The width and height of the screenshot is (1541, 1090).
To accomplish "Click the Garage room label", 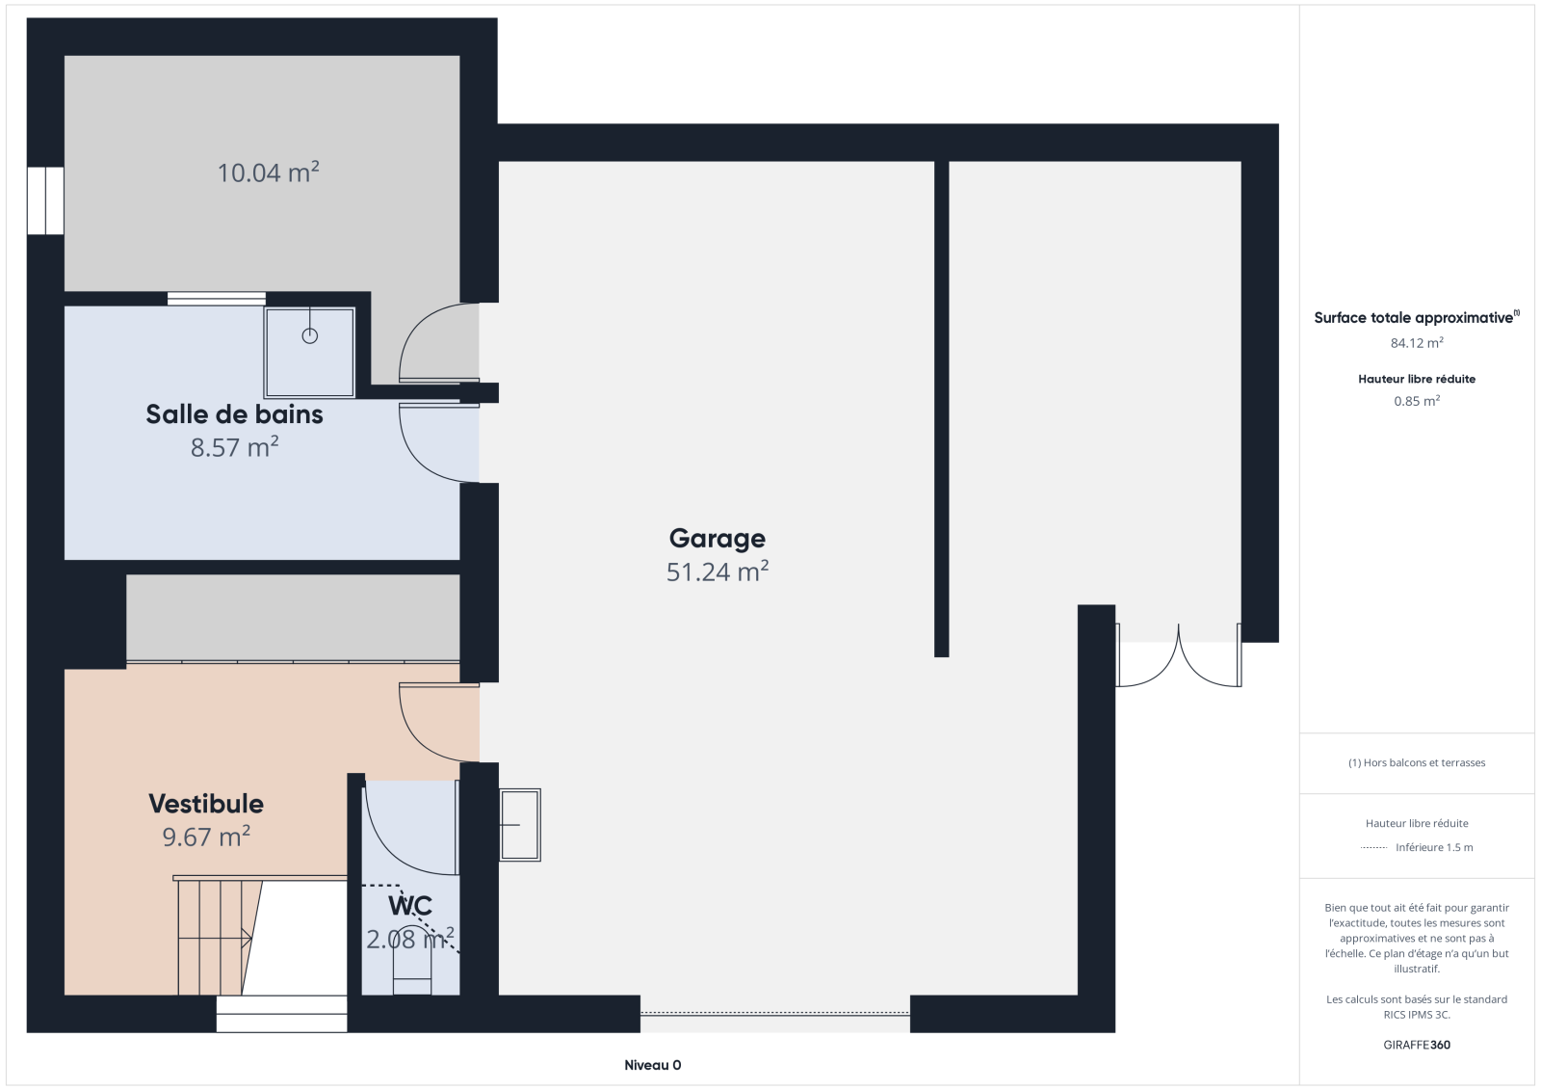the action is [x=717, y=539].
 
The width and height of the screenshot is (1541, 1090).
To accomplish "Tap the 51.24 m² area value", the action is [x=717, y=572].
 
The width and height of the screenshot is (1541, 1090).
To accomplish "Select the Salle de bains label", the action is [x=234, y=413].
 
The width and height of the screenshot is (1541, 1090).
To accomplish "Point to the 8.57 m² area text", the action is [x=234, y=447].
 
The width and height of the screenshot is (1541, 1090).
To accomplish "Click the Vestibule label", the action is [x=206, y=804].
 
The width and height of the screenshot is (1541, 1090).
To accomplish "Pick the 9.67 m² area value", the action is [x=206, y=837].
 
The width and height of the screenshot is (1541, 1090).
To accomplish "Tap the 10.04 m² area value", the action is [x=269, y=173].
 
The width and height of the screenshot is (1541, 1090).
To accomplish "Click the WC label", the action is [x=410, y=906].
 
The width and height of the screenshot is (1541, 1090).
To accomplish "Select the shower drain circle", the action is [x=309, y=336].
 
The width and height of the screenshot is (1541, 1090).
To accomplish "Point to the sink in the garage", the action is [x=519, y=824].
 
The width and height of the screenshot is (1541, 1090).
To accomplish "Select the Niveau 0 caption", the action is [x=652, y=1065].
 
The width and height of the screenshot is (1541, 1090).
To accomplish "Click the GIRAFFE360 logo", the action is [x=1417, y=1045].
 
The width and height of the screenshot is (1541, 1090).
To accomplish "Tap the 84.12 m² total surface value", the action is [x=1417, y=342].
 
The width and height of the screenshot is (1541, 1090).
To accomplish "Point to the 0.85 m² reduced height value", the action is [x=1417, y=401].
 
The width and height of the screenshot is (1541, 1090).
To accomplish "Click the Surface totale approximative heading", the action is [x=1417, y=317].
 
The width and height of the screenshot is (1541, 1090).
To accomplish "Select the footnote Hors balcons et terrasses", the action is [x=1417, y=762].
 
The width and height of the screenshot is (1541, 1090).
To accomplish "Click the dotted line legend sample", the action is [x=1373, y=848].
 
